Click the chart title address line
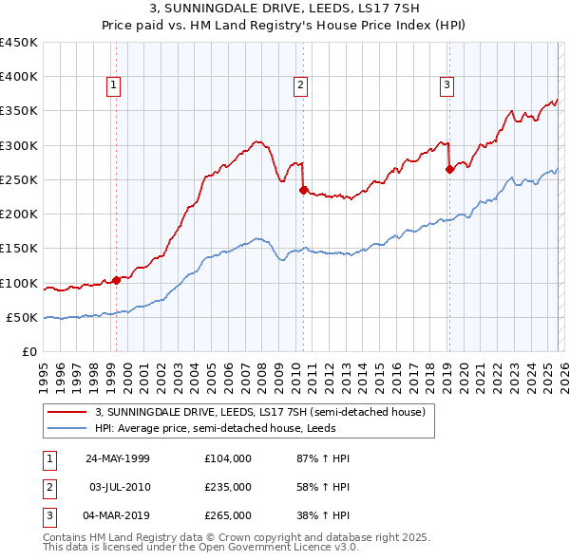284,9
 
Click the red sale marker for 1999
116,280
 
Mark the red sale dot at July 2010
303,190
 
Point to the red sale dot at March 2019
448,170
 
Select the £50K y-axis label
23,317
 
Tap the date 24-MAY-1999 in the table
117,458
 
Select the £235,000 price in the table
228,487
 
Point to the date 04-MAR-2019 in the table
117,516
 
